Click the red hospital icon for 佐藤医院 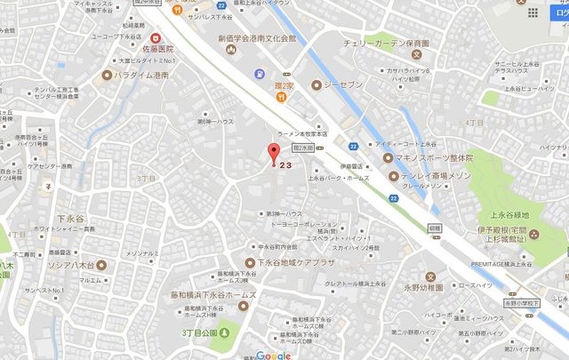(x=156, y=38)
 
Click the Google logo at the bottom (x=272, y=354)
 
